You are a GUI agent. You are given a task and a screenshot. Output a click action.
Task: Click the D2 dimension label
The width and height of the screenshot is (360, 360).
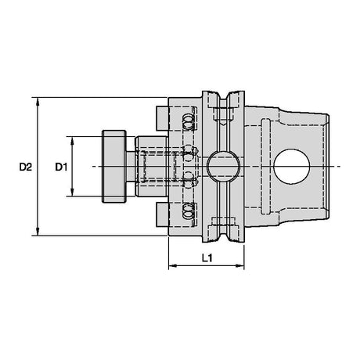tap(25, 167)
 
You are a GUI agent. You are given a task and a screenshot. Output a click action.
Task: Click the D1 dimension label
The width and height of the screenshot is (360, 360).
tap(61, 167)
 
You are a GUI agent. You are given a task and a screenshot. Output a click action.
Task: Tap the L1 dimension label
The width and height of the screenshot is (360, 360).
tap(207, 258)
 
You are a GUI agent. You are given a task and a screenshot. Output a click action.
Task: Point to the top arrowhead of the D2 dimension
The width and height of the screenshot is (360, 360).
tap(38, 102)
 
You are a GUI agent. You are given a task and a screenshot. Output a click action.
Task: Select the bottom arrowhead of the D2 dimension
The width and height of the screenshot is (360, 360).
tap(38, 231)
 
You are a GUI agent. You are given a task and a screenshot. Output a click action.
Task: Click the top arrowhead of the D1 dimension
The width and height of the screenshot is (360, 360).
tap(73, 141)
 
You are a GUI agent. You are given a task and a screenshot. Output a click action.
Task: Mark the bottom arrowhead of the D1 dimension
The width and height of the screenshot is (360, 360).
tap(73, 192)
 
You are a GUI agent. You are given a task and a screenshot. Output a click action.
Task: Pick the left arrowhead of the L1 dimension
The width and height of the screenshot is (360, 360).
tap(173, 266)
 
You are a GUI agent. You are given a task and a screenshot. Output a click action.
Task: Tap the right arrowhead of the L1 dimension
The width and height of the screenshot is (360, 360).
tap(239, 266)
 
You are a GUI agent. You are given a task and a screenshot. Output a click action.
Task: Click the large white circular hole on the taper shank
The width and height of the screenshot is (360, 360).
tap(292, 167)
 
